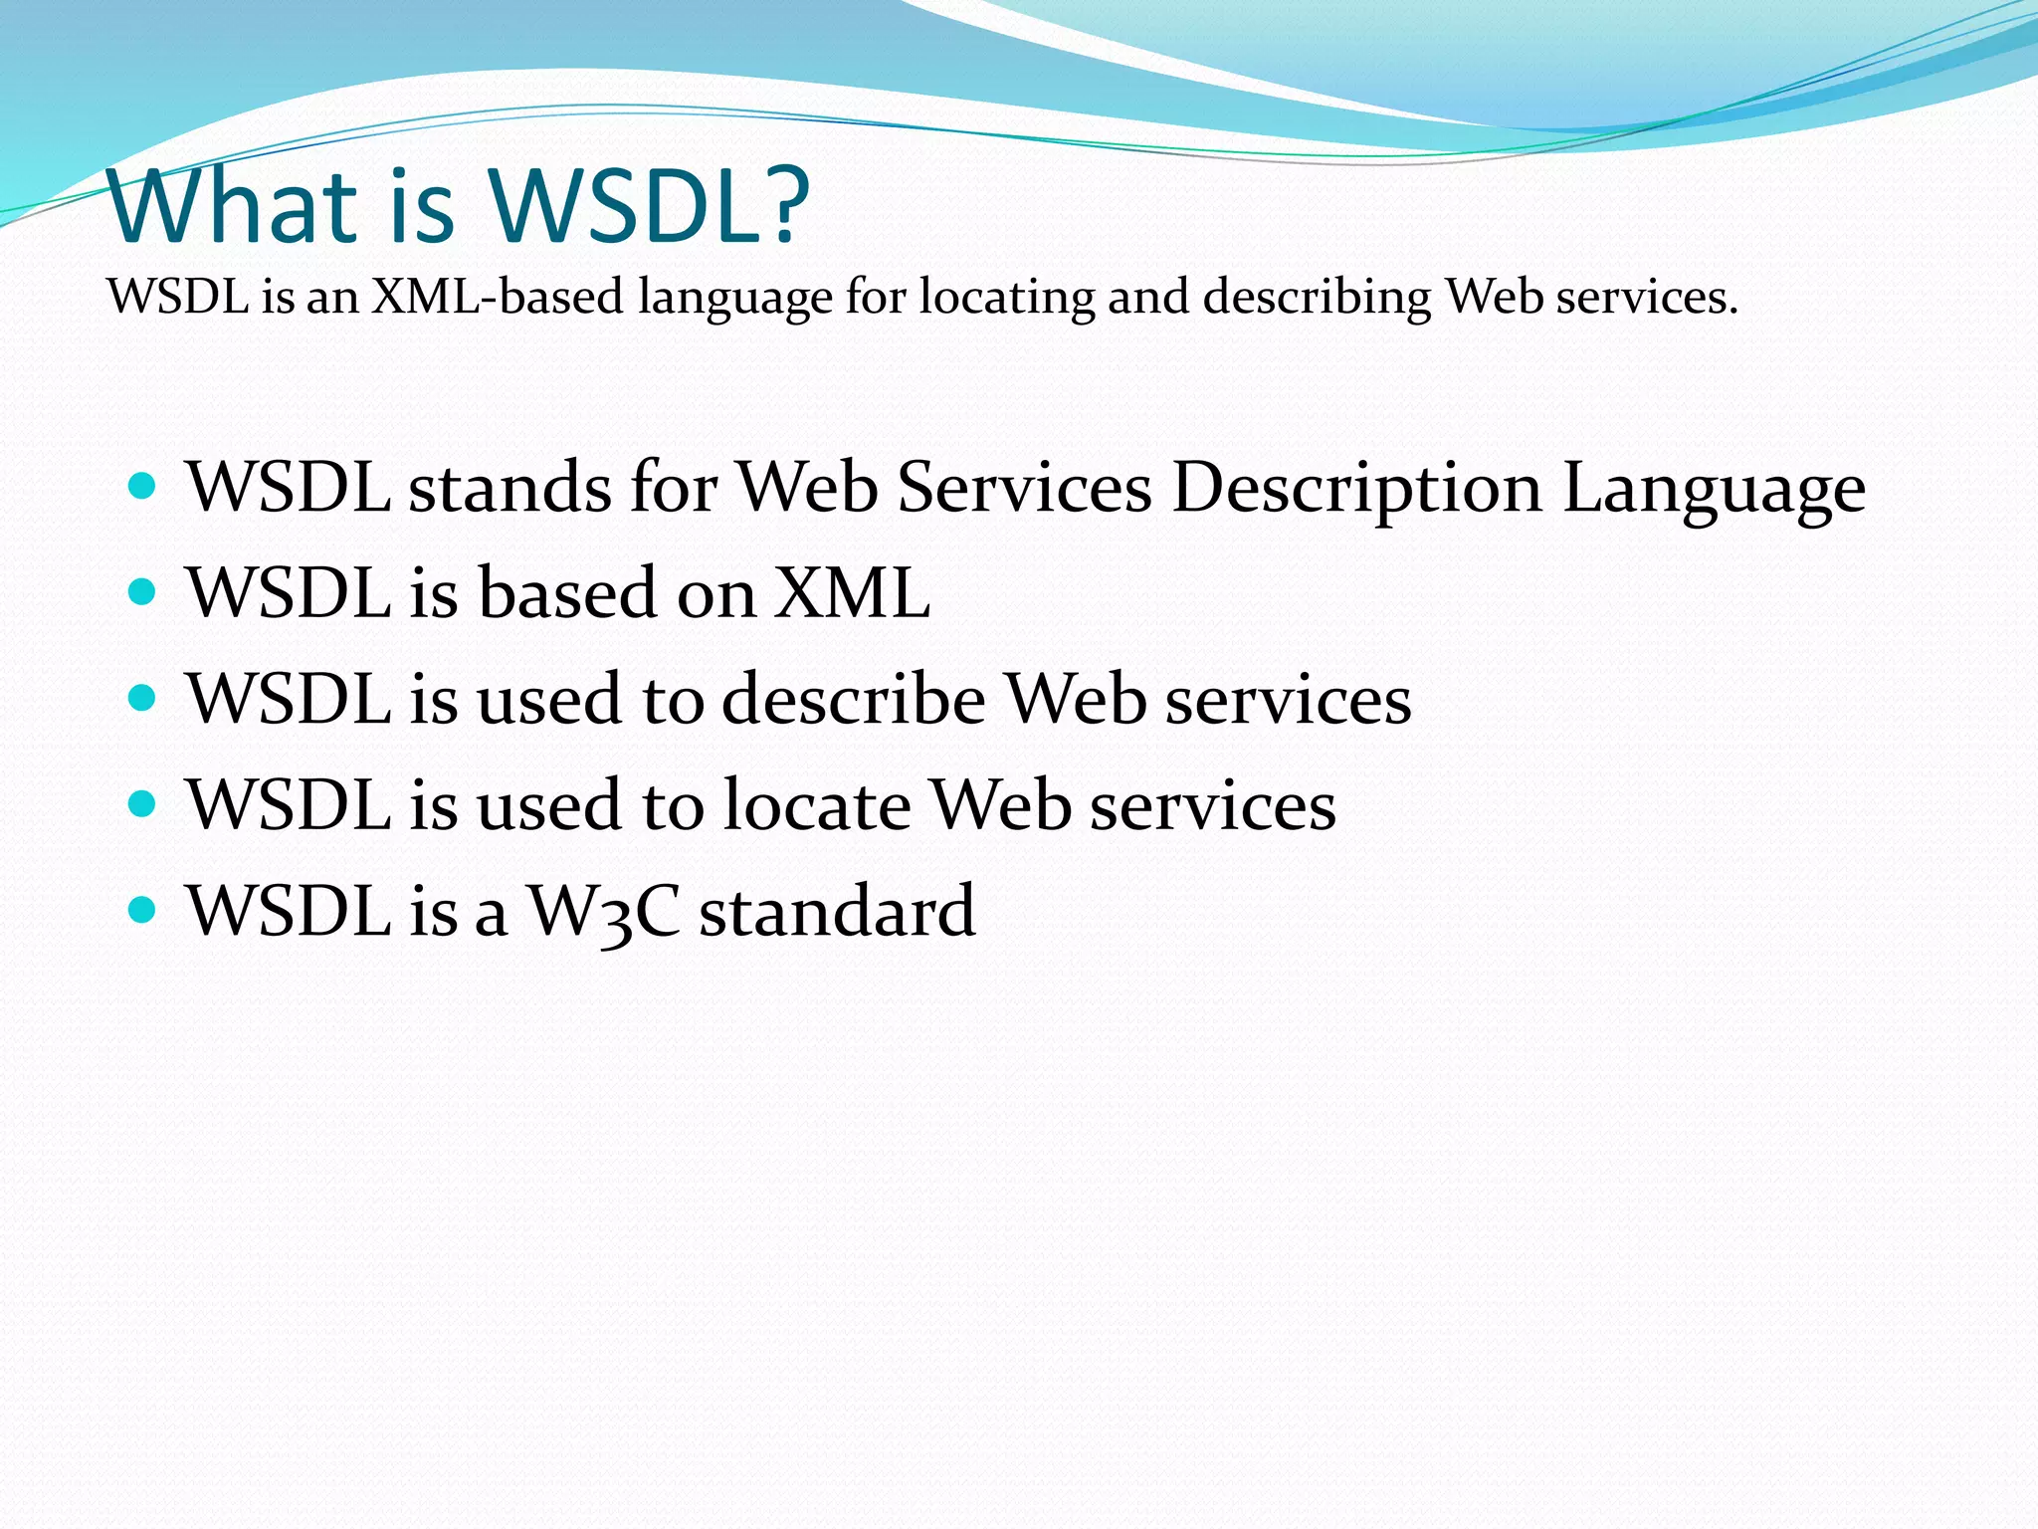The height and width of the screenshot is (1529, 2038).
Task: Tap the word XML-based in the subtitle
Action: point(497,297)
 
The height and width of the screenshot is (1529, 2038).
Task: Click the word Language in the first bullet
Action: point(1714,490)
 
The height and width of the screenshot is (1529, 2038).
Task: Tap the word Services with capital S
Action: point(1024,488)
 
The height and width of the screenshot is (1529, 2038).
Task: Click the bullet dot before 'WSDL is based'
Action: point(143,592)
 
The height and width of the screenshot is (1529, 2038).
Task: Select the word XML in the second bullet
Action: point(853,593)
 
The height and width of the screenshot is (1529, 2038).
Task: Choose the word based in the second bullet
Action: point(568,593)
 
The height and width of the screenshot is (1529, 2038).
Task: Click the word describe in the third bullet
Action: point(854,699)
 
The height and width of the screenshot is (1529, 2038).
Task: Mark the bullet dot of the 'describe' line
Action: point(143,698)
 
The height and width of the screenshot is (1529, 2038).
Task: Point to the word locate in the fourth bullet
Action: point(816,804)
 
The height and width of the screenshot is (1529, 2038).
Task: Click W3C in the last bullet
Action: point(603,912)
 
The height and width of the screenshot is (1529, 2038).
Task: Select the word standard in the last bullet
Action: point(837,911)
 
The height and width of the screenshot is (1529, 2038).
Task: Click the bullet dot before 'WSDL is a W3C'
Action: point(143,909)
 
